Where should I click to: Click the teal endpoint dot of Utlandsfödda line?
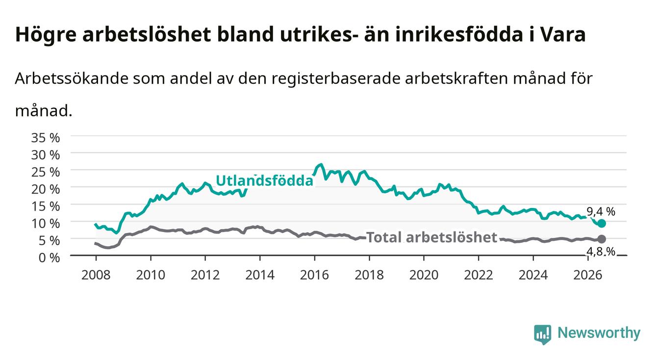pyautogui.click(x=602, y=223)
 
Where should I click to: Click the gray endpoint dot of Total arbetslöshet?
pyautogui.click(x=602, y=239)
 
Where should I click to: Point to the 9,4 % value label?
pyautogui.click(x=601, y=211)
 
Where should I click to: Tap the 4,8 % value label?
pyautogui.click(x=601, y=252)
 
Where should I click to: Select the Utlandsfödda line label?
pyautogui.click(x=265, y=180)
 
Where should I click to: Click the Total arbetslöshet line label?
pyautogui.click(x=432, y=237)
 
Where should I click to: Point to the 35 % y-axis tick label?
pyautogui.click(x=46, y=138)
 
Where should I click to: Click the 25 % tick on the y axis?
pyautogui.click(x=46, y=172)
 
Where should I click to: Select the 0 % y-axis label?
pyautogui.click(x=49, y=257)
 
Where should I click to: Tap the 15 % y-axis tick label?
pyautogui.click(x=46, y=206)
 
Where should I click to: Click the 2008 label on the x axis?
pyautogui.click(x=96, y=275)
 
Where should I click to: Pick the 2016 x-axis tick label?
pyautogui.click(x=314, y=275)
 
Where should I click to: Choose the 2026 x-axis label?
pyautogui.click(x=588, y=275)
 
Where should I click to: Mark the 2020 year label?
pyautogui.click(x=424, y=275)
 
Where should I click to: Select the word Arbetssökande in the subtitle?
pyautogui.click(x=72, y=78)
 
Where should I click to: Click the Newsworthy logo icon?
pyautogui.click(x=542, y=334)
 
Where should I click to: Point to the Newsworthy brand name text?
pyautogui.click(x=599, y=333)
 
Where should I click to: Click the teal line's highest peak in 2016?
pyautogui.click(x=321, y=164)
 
